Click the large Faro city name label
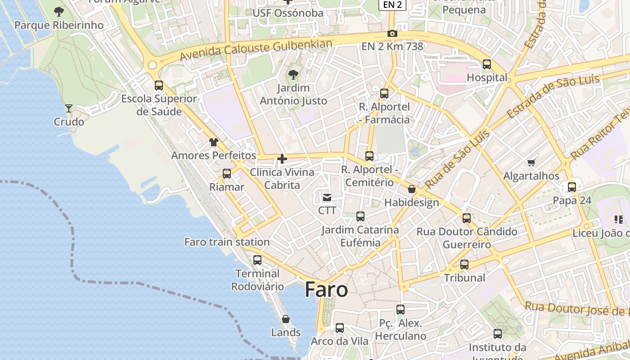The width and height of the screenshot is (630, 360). (x=326, y=290)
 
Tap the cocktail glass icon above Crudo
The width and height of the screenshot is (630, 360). (x=69, y=108)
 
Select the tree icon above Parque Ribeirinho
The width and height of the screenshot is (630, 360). (x=58, y=11)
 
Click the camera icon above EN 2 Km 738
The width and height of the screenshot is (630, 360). (x=392, y=34)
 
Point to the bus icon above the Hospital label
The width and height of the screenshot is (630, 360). (x=487, y=64)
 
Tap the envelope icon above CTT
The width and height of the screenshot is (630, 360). (x=327, y=197)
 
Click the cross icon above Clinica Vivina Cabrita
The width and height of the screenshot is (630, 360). (x=282, y=159)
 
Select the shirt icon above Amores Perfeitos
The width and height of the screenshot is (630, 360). (x=213, y=142)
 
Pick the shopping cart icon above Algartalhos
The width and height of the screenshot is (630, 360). (x=531, y=162)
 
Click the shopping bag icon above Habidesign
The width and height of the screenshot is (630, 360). (x=411, y=189)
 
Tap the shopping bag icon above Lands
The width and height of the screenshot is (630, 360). (x=286, y=319)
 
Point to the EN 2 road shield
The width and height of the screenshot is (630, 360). (x=392, y=5)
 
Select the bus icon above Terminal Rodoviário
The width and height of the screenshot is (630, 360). (x=257, y=260)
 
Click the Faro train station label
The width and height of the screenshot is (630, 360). (x=227, y=242)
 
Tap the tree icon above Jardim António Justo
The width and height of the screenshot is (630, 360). (x=293, y=74)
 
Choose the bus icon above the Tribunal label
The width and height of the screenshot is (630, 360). (x=464, y=264)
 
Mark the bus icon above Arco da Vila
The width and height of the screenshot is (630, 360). (x=340, y=328)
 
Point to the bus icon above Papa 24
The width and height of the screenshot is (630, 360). (x=572, y=187)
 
